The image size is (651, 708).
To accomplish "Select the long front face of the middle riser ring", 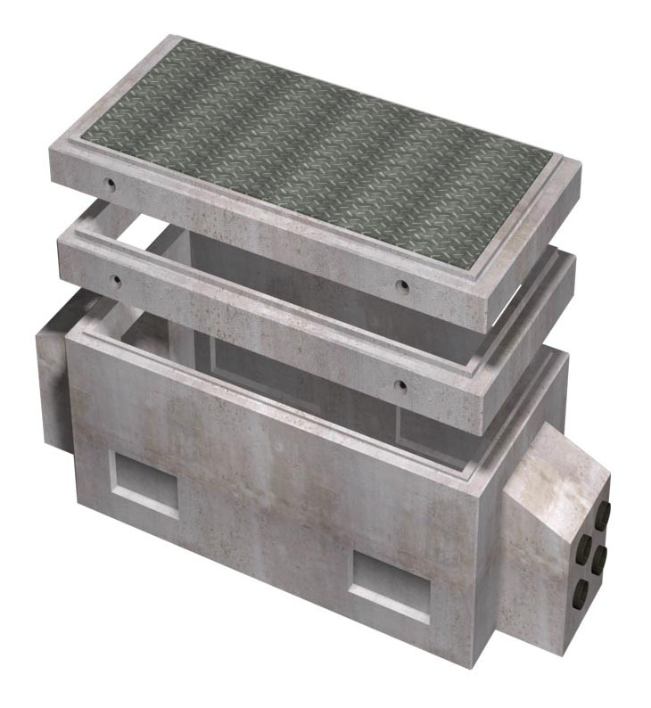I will pyautogui.click(x=268, y=339).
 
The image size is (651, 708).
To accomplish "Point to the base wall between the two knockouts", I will pyautogui.click(x=268, y=508).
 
